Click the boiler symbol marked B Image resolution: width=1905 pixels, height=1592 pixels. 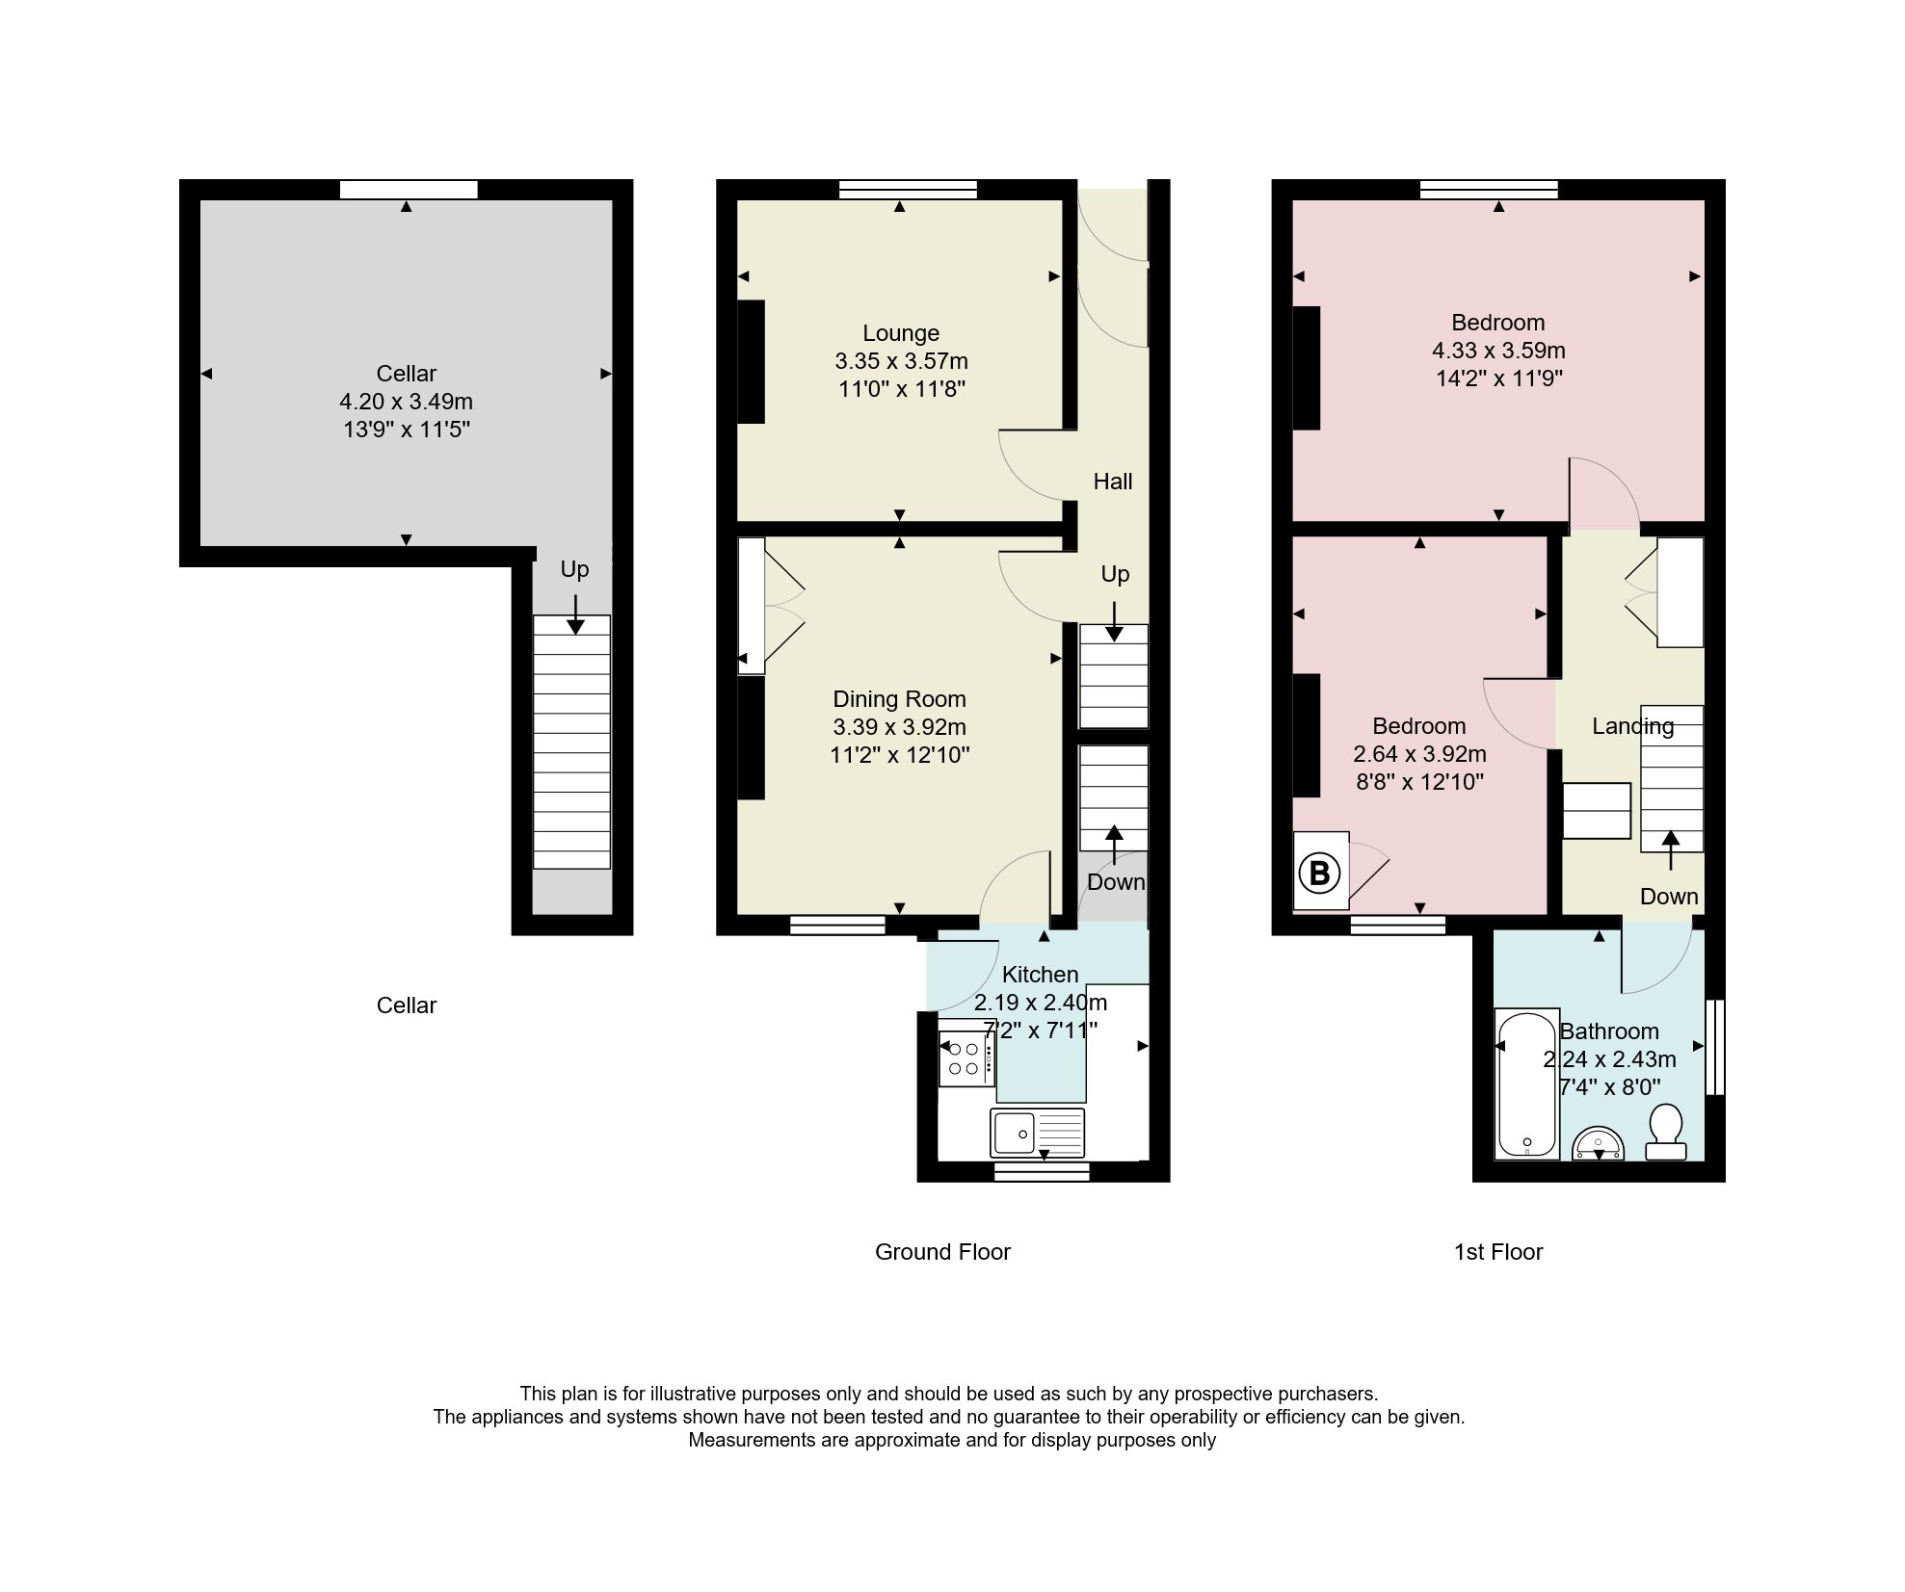click(1320, 874)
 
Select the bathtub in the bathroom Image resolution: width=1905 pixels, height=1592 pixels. click(1526, 1083)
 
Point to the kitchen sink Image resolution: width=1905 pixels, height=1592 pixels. click(1037, 1132)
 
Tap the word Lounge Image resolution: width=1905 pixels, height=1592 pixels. click(901, 333)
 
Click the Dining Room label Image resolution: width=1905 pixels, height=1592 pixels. click(899, 699)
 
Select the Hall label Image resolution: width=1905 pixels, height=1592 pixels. click(1113, 482)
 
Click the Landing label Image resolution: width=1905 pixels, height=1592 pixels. click(1632, 726)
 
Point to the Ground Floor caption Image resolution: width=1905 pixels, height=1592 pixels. click(942, 1252)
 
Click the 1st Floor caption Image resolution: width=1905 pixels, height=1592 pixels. click(1498, 1252)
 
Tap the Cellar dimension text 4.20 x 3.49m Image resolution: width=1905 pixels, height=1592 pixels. click(406, 402)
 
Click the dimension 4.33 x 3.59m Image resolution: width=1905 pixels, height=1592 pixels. click(1498, 351)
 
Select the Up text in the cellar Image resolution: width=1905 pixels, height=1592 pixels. click(574, 570)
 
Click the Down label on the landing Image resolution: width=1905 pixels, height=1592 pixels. click(1669, 897)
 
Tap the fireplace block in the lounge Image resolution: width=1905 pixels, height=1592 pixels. click(752, 362)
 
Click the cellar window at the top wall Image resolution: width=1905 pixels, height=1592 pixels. click(409, 190)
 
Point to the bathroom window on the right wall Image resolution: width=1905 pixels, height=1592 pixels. click(1715, 1047)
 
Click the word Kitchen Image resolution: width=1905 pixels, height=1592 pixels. click(1040, 975)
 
